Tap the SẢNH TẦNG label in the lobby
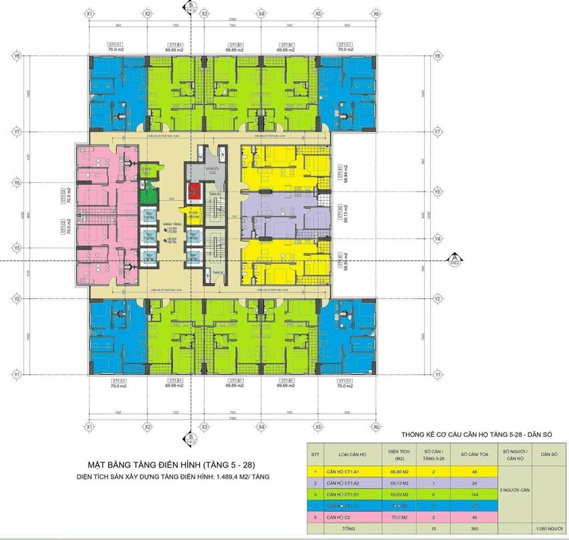click(169, 224)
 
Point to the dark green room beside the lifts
click(149, 192)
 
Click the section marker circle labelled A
click(453, 259)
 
